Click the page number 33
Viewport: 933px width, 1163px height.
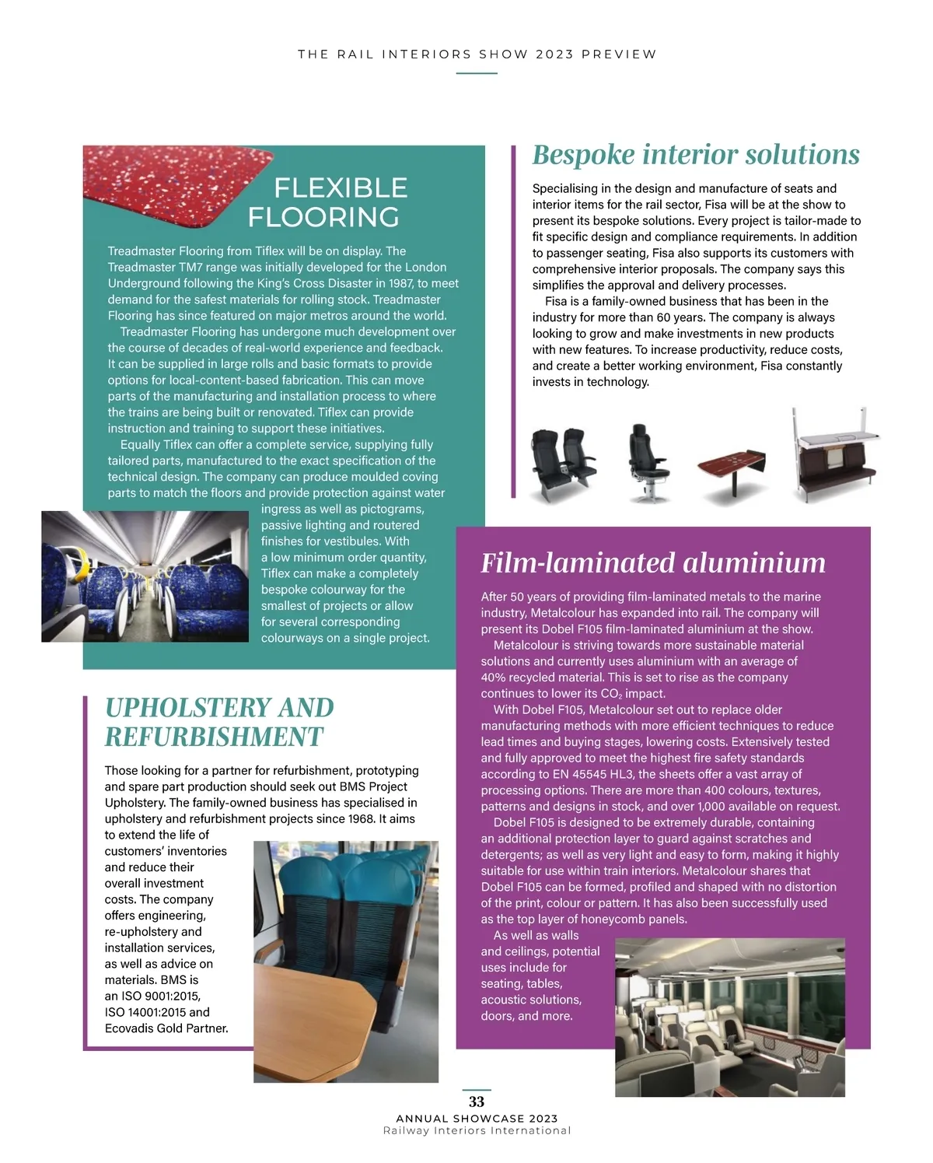[477, 1102]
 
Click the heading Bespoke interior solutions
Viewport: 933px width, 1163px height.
[696, 154]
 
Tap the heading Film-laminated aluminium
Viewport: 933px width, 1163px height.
[653, 562]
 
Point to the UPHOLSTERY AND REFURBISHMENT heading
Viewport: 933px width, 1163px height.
[219, 722]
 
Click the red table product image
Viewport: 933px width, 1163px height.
[731, 470]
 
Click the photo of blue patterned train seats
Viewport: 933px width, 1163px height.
[145, 576]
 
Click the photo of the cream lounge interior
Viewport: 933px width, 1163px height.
[729, 1017]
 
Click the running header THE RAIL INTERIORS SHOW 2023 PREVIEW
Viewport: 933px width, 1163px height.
[477, 54]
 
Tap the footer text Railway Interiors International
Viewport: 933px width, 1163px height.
[477, 1131]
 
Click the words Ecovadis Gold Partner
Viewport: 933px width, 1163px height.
[166, 1028]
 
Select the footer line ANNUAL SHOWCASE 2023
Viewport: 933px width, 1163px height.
[477, 1119]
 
